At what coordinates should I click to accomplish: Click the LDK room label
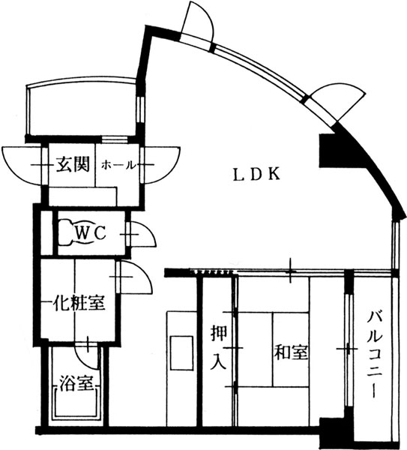(x=256, y=174)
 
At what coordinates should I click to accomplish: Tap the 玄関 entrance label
(x=73, y=164)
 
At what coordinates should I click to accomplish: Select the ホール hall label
(x=118, y=165)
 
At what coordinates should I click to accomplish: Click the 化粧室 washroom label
(x=79, y=302)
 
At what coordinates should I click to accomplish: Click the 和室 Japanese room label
(x=291, y=352)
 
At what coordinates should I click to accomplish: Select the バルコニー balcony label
(x=374, y=355)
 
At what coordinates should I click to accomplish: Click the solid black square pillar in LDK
(x=329, y=151)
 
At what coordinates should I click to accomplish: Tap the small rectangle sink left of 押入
(x=181, y=353)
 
